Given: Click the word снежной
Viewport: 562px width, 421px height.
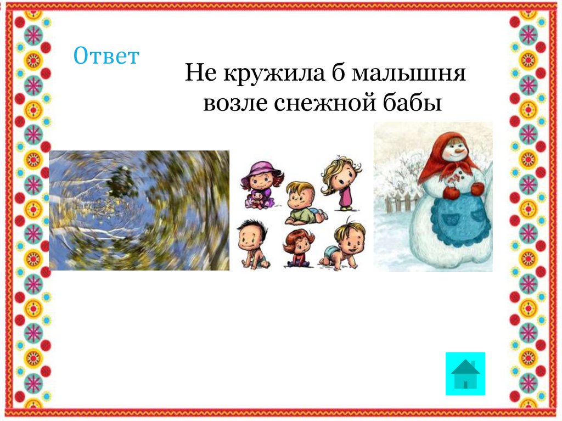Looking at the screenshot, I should pyautogui.click(x=325, y=103).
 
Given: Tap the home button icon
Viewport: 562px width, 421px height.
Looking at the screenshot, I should pyautogui.click(x=465, y=374).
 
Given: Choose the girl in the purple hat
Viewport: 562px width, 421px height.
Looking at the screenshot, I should pyautogui.click(x=260, y=184).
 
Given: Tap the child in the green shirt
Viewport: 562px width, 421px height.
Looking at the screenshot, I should pyautogui.click(x=302, y=203).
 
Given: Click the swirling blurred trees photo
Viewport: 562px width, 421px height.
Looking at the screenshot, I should pyautogui.click(x=139, y=210).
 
